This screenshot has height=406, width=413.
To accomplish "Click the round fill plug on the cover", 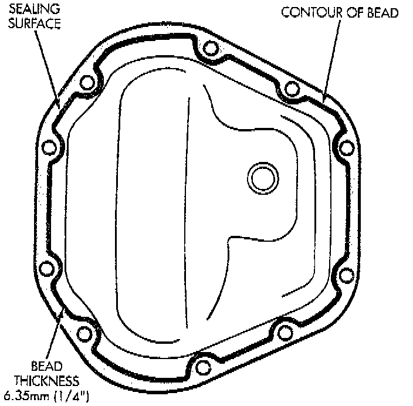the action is click(261, 176).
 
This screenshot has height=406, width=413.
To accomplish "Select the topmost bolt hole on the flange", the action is click(206, 49).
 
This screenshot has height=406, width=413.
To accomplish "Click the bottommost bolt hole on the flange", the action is click(203, 368).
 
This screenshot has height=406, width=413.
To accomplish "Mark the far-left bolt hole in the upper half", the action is click(50, 146).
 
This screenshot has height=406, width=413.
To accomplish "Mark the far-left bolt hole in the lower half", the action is click(47, 269).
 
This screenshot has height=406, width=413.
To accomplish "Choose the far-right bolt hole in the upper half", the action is click(346, 146).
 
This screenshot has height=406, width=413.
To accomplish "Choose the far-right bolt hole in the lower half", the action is click(346, 274).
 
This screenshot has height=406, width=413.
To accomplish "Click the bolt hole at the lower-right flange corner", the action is click(286, 333).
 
